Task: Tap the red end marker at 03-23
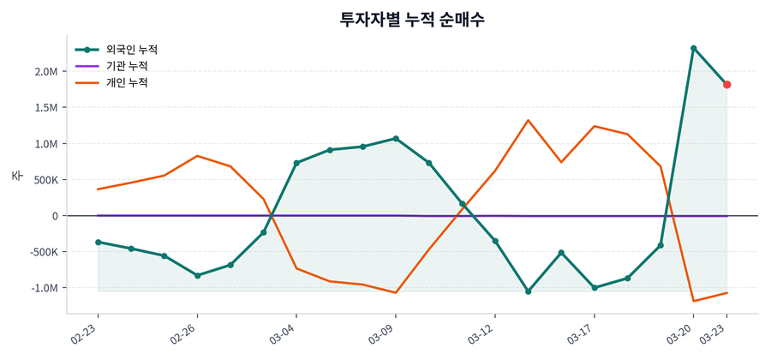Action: (726, 85)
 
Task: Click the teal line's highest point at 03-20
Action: (693, 48)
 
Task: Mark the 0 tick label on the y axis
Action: (53, 216)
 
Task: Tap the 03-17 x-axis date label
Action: (582, 333)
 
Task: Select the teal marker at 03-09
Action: (396, 138)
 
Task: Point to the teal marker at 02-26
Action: (197, 276)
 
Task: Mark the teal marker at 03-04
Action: (296, 163)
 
